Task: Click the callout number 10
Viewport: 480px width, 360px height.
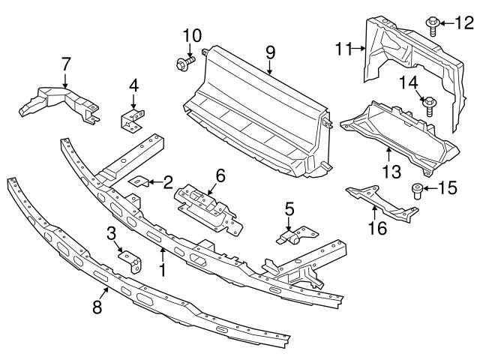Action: [192, 34]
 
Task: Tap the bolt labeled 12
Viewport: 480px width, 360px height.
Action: [433, 25]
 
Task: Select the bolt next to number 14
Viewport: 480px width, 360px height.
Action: [429, 106]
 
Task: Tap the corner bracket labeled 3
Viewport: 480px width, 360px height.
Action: [130, 262]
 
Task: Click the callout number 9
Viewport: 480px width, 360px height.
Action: [270, 52]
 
